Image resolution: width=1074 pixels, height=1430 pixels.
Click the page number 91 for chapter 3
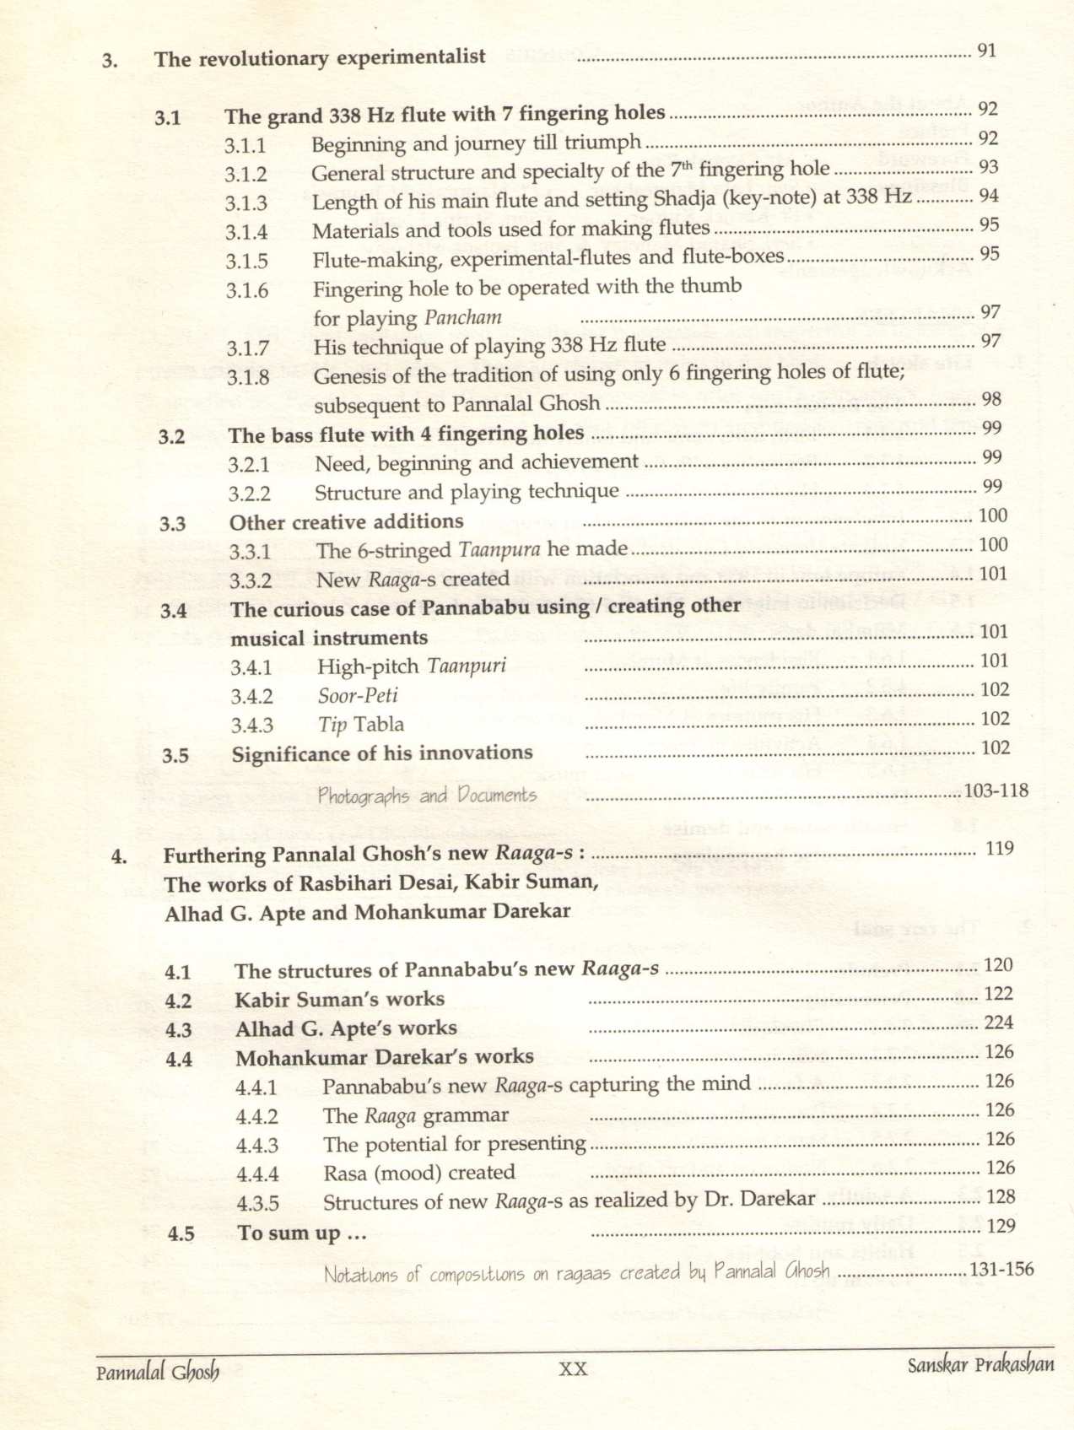[986, 51]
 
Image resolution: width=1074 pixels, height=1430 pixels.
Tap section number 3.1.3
[246, 203]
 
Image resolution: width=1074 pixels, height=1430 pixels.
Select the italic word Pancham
[463, 318]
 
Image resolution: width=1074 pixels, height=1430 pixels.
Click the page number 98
[991, 399]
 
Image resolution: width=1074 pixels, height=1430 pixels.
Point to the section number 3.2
[171, 437]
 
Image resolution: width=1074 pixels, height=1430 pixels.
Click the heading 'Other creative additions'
[346, 522]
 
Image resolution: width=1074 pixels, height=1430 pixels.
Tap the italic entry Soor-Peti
[358, 696]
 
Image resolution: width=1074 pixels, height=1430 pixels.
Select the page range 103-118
[996, 791]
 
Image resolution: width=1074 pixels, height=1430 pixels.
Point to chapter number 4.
[119, 857]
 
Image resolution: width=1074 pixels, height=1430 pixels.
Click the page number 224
[999, 1023]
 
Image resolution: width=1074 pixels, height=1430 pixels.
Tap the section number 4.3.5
[257, 1204]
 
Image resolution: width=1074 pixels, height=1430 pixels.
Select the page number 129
[1001, 1226]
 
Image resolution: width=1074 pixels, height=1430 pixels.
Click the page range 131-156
[1001, 1270]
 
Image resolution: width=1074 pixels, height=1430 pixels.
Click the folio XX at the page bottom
[573, 1369]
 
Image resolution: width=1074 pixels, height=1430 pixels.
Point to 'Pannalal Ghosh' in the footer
[158, 1373]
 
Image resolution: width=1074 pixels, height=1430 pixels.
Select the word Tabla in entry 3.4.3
[379, 725]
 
